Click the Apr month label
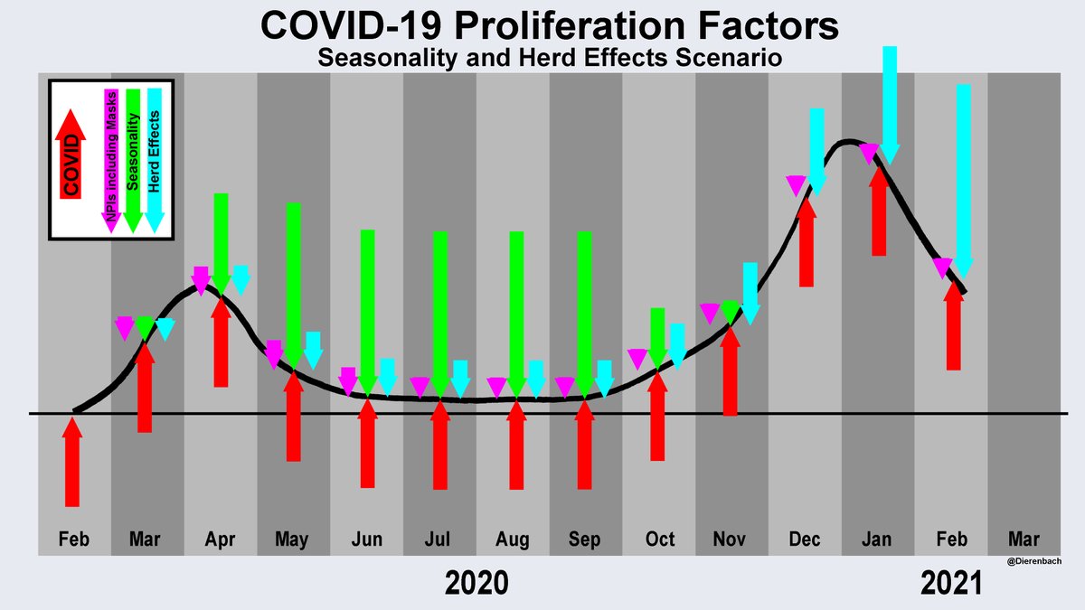tap(220, 540)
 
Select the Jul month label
tap(439, 540)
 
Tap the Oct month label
tap(659, 540)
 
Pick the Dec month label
tap(805, 540)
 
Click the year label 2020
tap(476, 584)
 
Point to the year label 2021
tap(950, 584)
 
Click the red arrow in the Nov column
tap(731, 371)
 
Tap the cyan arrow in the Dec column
tap(817, 149)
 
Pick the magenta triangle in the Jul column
tap(420, 387)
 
